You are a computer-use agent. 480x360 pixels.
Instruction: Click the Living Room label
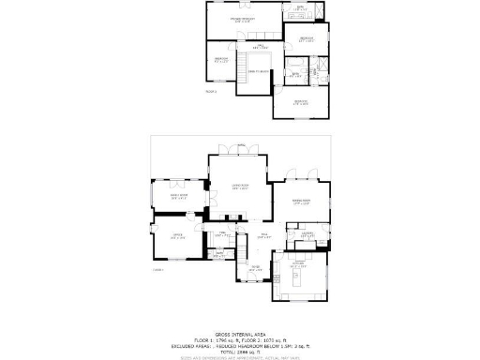point(239,187)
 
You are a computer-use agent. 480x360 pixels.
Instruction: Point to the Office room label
point(176,236)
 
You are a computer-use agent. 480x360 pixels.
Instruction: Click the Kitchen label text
point(298,266)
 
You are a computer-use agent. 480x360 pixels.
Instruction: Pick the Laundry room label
point(307,233)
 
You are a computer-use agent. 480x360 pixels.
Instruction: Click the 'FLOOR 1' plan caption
point(157,270)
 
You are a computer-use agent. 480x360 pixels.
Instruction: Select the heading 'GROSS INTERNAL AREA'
point(240,333)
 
